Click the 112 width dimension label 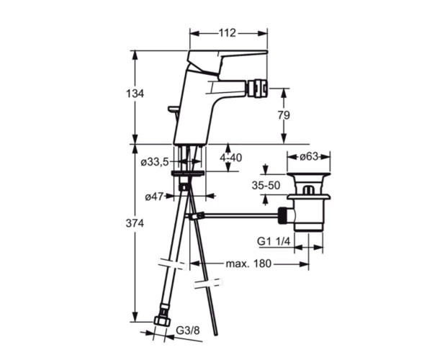[228, 33]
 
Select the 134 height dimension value [135, 94]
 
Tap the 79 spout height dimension [284, 115]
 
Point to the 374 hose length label [135, 223]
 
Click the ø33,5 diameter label [155, 162]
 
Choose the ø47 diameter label [154, 197]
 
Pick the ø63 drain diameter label [309, 156]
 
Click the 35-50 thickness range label [266, 185]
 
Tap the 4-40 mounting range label [231, 158]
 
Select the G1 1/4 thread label [274, 241]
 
